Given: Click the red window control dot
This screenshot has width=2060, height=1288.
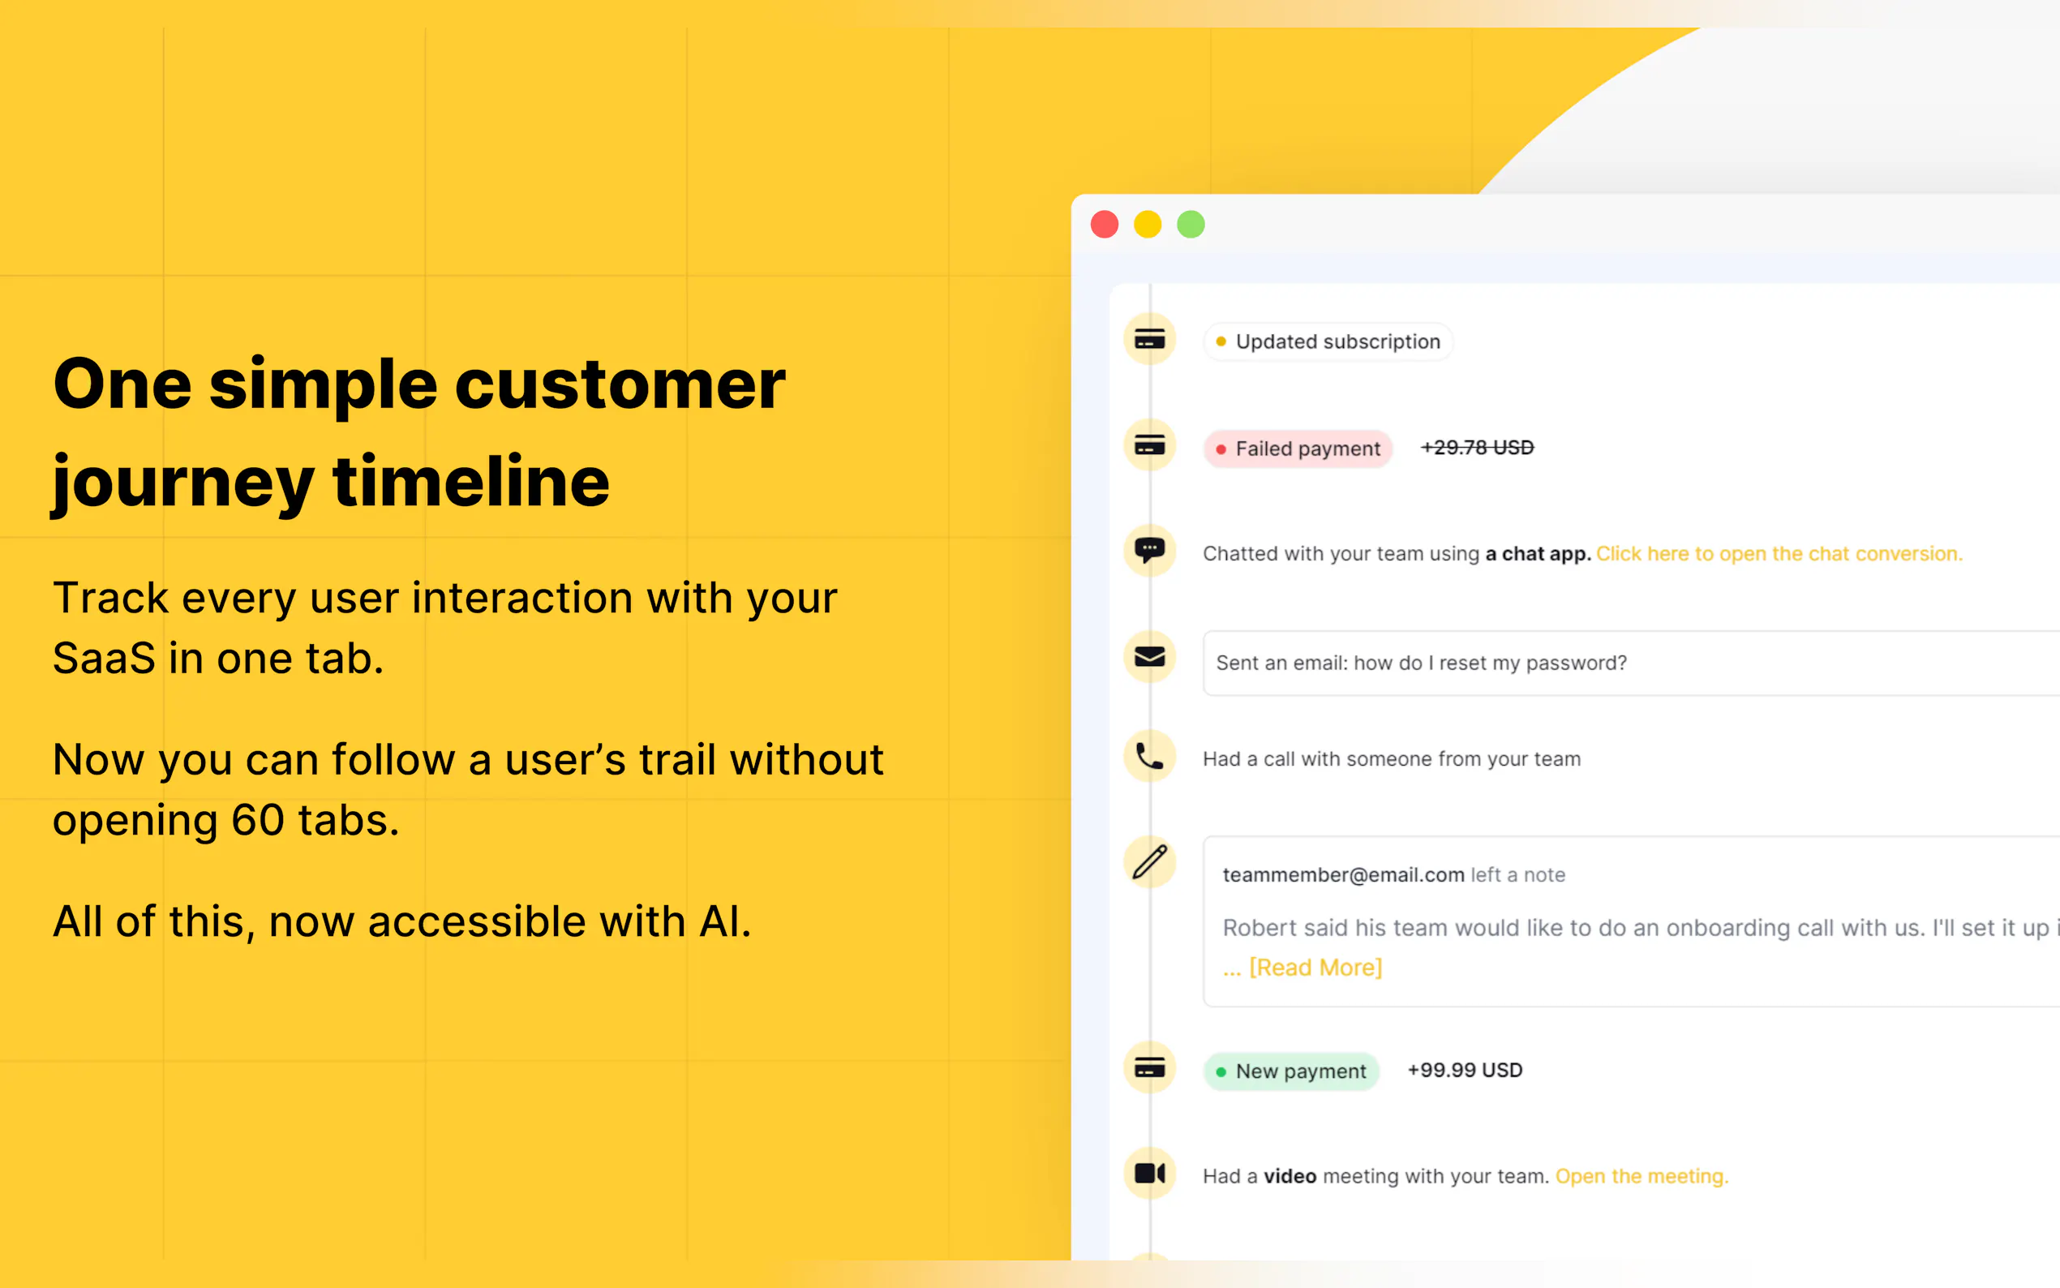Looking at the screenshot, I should pyautogui.click(x=1105, y=225).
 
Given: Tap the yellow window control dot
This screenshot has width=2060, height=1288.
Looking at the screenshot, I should pyautogui.click(x=1147, y=225).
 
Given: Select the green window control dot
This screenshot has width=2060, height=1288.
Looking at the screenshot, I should pyautogui.click(x=1191, y=225).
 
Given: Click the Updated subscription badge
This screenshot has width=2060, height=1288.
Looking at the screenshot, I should pyautogui.click(x=1328, y=341).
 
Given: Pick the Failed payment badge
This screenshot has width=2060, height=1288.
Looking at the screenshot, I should pyautogui.click(x=1298, y=449).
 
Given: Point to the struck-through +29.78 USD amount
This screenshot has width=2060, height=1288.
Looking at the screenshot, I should pyautogui.click(x=1477, y=448).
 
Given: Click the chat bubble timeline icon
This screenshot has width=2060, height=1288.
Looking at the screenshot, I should pyautogui.click(x=1150, y=550).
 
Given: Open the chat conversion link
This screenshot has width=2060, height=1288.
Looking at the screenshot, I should pyautogui.click(x=1778, y=555).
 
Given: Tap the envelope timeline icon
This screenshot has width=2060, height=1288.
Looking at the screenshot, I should pyautogui.click(x=1150, y=657).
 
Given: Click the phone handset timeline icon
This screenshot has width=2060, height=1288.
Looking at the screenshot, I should pyautogui.click(x=1150, y=757).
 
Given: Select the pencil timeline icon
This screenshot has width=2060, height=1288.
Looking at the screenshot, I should pyautogui.click(x=1150, y=861).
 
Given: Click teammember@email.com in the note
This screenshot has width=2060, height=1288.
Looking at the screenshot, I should pyautogui.click(x=1343, y=875).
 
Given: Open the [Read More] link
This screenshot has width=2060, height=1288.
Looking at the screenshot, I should pyautogui.click(x=1314, y=968).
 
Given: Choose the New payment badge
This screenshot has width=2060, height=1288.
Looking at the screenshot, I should pyautogui.click(x=1291, y=1071).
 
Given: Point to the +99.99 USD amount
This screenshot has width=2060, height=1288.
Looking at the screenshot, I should pyautogui.click(x=1465, y=1071).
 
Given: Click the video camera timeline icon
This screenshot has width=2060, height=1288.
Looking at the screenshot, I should pyautogui.click(x=1150, y=1174).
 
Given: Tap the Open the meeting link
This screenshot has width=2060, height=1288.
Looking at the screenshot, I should pyautogui.click(x=1641, y=1176).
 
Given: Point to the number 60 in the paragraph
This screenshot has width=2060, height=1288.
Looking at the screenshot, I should pyautogui.click(x=257, y=820).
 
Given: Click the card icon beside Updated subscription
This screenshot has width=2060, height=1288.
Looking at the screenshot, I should pyautogui.click(x=1150, y=340).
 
